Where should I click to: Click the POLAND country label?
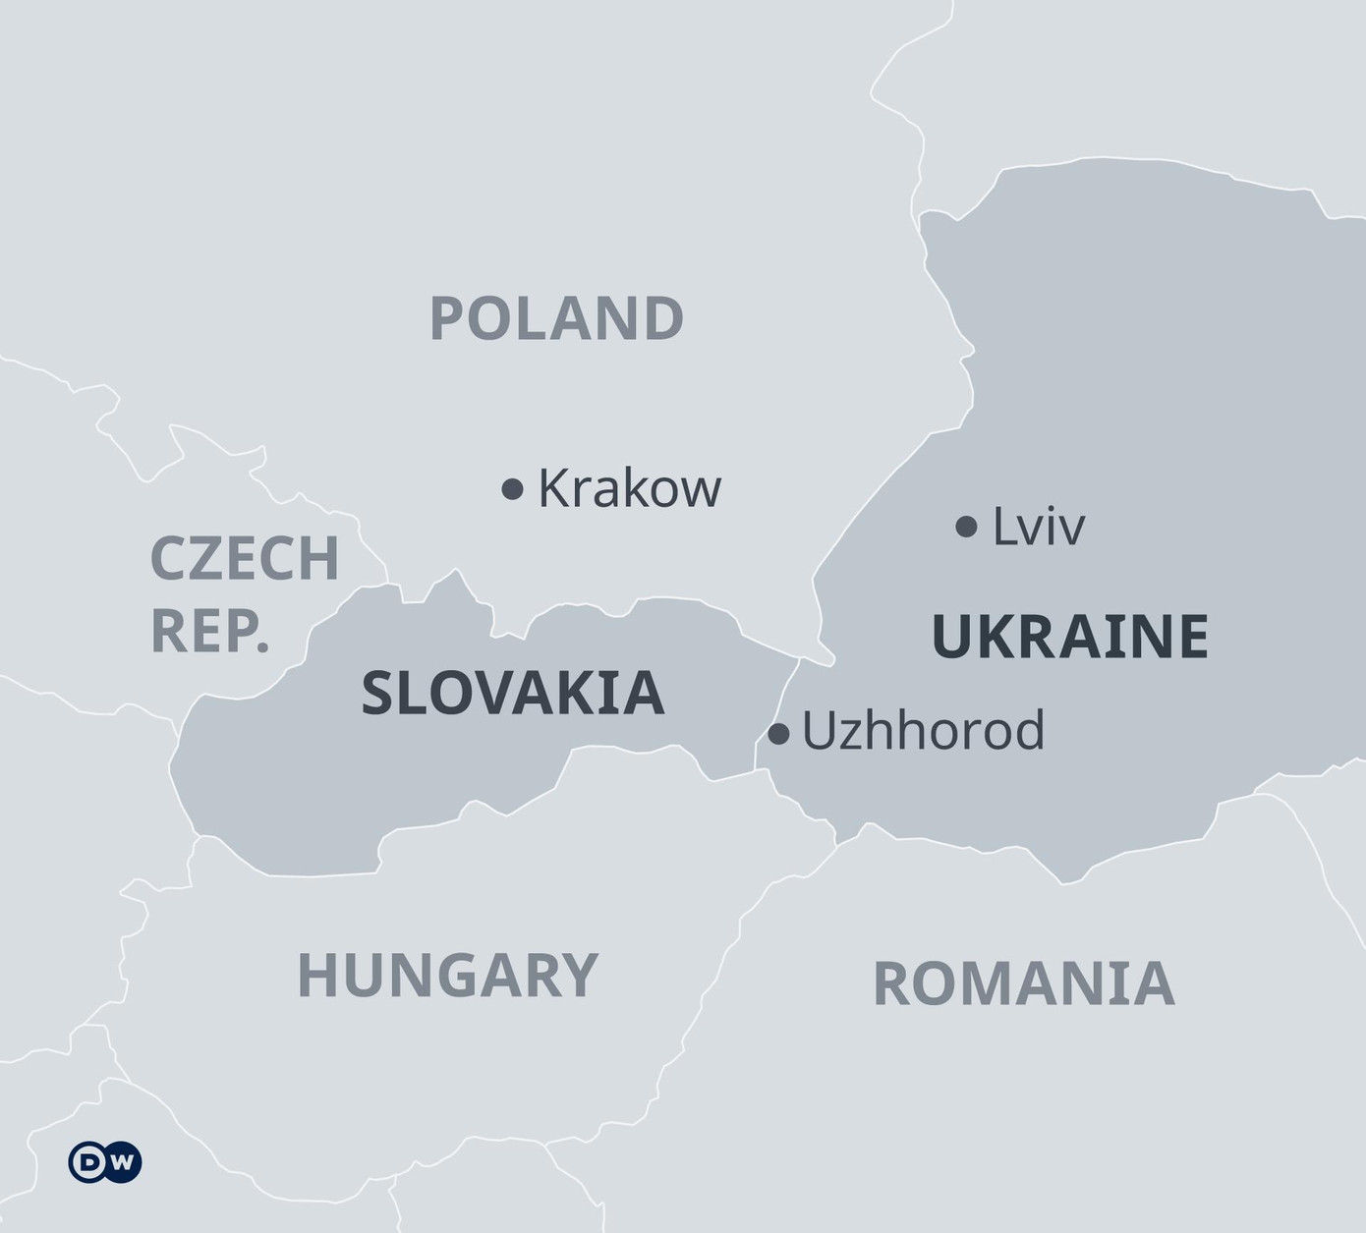556,318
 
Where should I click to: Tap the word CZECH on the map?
244,558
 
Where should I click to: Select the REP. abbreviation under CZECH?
209,631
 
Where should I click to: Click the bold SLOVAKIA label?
513,693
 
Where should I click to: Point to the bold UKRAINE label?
1069,636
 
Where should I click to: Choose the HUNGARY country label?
447,975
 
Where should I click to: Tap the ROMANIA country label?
1023,983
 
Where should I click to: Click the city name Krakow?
629,487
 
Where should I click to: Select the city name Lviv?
1038,527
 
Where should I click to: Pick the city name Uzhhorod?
923,731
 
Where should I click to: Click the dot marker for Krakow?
512,488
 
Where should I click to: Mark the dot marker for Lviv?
966,527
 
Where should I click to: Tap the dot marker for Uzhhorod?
778,733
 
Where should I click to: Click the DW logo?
105,1162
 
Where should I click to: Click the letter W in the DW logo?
122,1162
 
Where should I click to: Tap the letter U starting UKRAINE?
950,636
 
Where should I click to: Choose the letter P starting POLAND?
447,318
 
